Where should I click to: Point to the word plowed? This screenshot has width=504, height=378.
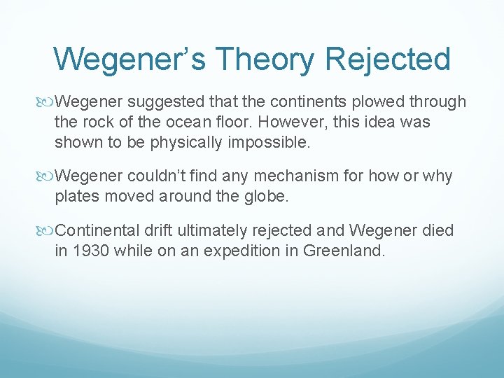[376, 102]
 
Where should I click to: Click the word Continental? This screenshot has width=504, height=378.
[99, 230]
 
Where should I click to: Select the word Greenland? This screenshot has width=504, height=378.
[344, 250]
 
